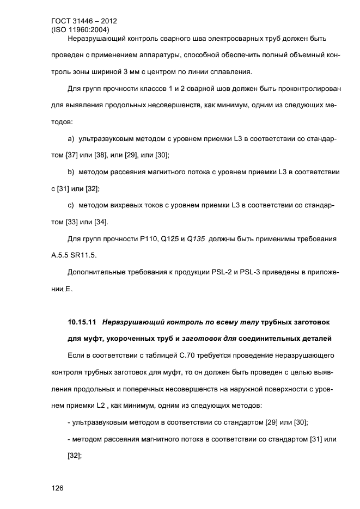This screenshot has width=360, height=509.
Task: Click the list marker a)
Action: (71, 140)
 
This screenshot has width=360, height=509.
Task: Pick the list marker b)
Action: (71, 172)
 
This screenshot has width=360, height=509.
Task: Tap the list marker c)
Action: (71, 205)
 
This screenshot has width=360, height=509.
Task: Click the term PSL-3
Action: (247, 271)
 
